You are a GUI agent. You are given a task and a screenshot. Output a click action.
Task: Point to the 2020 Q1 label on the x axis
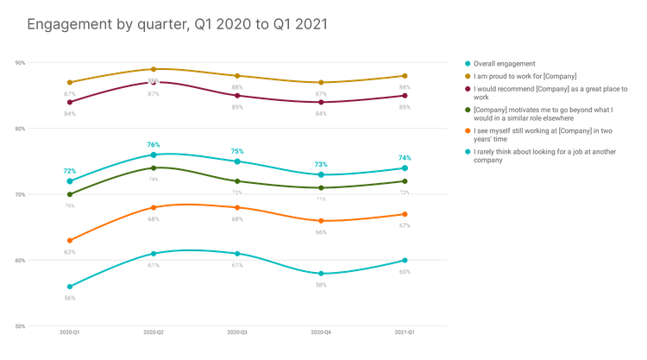tap(69, 331)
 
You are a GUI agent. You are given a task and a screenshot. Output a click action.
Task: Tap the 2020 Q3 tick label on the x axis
tap(236, 331)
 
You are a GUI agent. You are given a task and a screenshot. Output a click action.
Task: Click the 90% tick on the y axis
tap(19, 62)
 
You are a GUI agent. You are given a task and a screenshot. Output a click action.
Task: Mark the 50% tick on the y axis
tap(19, 325)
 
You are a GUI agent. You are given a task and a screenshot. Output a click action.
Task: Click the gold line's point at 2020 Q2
tap(153, 68)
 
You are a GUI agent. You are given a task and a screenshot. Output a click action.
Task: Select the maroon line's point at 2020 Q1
tap(69, 102)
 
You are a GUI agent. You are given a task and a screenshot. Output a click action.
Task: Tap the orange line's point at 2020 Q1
tap(69, 240)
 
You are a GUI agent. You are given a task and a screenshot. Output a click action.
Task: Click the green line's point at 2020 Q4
tap(320, 187)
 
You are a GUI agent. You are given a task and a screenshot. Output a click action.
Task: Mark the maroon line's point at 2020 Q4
tap(320, 102)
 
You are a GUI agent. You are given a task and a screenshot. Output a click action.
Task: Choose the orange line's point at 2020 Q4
tap(320, 220)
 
